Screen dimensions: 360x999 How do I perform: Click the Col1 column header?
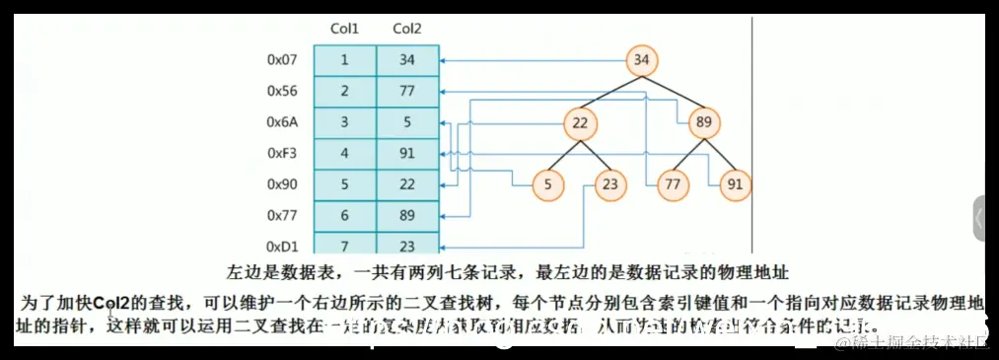click(x=344, y=29)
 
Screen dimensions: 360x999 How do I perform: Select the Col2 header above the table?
click(x=406, y=29)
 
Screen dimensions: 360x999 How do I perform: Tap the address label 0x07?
click(x=282, y=61)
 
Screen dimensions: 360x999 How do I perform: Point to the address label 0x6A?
click(x=282, y=122)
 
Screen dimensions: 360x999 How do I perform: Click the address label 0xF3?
click(x=282, y=153)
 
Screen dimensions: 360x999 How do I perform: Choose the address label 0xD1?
click(x=282, y=245)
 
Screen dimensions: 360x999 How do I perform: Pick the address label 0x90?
click(x=282, y=183)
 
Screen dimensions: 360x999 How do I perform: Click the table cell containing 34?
click(x=406, y=61)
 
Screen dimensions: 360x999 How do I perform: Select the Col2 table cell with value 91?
click(x=406, y=153)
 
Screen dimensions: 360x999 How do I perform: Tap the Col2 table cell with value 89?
click(x=406, y=214)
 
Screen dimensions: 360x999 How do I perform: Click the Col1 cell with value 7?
click(x=344, y=245)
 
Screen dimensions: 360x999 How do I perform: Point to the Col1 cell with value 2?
click(x=344, y=92)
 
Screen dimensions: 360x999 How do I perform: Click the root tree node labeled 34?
click(x=641, y=61)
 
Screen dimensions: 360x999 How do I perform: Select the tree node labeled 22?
click(x=580, y=123)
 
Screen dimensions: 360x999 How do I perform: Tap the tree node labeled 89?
click(x=703, y=123)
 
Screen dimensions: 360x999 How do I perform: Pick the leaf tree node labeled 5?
click(x=548, y=184)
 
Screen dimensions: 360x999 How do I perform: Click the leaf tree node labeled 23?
click(x=610, y=184)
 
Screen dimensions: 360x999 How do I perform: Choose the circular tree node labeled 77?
click(x=673, y=184)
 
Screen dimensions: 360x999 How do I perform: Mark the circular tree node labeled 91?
click(x=735, y=184)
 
